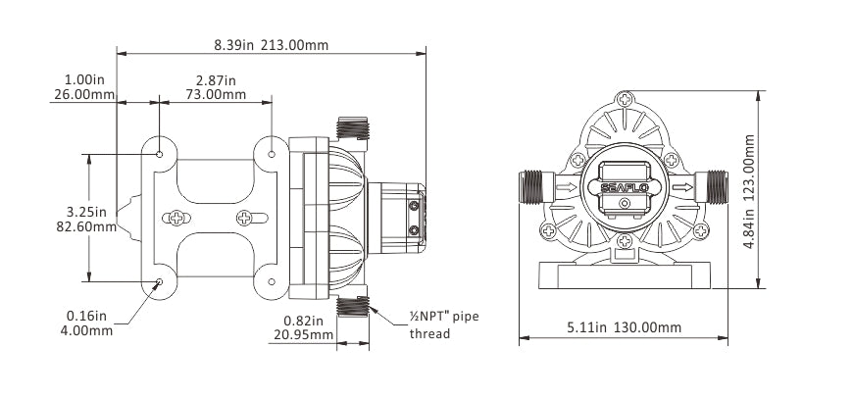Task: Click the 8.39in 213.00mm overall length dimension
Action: click(271, 45)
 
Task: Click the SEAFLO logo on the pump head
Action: click(625, 182)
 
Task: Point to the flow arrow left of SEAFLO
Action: click(566, 186)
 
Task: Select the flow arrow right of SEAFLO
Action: click(683, 186)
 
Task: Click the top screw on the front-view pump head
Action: click(626, 99)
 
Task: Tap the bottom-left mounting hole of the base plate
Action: click(160, 283)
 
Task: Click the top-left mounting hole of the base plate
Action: click(160, 153)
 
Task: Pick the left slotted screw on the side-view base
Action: click(176, 218)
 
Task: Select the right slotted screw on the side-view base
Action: click(244, 218)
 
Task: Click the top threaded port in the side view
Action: click(351, 128)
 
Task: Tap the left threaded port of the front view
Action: click(533, 186)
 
